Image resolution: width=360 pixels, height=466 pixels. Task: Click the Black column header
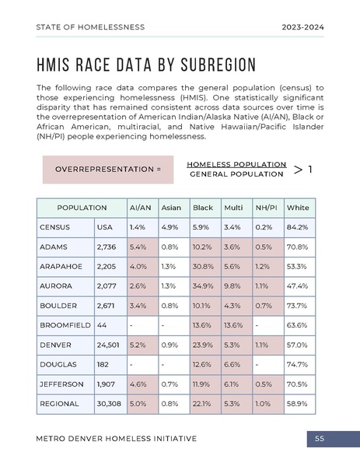click(x=203, y=208)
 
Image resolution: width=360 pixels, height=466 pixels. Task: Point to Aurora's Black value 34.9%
click(x=203, y=286)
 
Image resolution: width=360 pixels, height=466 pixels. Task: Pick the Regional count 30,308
click(x=109, y=404)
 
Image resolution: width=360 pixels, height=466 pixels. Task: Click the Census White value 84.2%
click(x=297, y=227)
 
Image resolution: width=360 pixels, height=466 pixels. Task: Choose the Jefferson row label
click(x=60, y=384)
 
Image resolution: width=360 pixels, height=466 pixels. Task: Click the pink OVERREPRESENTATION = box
click(x=109, y=169)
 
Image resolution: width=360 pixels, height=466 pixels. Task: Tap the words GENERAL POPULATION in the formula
click(x=236, y=174)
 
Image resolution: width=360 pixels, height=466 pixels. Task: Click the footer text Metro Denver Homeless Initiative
click(x=117, y=439)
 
